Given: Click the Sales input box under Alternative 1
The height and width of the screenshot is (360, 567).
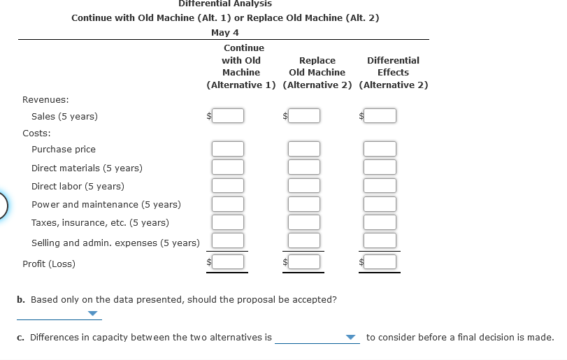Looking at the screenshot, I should (229, 115).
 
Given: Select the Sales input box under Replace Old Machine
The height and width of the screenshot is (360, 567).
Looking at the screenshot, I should (305, 115).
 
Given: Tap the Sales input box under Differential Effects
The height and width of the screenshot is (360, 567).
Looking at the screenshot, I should (381, 115).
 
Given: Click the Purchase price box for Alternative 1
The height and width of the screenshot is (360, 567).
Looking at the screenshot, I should (229, 149).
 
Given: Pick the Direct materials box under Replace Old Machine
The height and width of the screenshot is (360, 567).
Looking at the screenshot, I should (305, 167).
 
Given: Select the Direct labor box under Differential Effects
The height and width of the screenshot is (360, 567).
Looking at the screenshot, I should (381, 185).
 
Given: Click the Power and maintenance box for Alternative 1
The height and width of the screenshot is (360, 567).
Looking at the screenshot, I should (229, 204).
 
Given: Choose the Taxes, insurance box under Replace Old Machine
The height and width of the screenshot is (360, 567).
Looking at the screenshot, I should (305, 222).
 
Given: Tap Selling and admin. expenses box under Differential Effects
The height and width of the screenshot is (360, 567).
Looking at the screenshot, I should (381, 240).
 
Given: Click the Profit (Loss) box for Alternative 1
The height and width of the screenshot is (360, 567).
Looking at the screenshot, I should (229, 262).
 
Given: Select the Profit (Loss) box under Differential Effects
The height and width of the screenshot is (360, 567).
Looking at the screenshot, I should (381, 262).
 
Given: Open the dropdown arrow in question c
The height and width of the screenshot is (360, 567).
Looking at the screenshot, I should (351, 338).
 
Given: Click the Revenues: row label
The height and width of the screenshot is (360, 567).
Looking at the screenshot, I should (45, 99).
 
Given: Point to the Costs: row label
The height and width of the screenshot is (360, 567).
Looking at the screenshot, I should (36, 132).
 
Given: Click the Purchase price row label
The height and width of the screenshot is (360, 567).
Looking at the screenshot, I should (64, 149).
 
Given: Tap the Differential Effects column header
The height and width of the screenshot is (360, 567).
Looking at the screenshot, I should (393, 66).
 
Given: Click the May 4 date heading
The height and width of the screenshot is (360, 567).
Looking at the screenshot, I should (224, 33).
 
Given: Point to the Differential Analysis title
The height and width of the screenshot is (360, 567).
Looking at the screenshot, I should (225, 4).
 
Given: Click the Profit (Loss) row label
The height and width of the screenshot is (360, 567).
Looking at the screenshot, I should (49, 264).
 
